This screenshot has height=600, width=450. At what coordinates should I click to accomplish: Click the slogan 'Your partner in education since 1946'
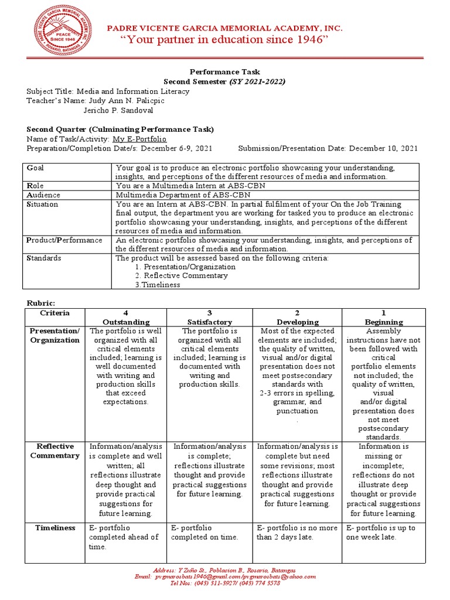[224, 39]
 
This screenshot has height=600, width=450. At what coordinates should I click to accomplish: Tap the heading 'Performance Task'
[225, 72]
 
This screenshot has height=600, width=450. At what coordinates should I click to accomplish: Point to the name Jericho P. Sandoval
[122, 110]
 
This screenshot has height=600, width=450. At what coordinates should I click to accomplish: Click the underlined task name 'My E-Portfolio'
[139, 139]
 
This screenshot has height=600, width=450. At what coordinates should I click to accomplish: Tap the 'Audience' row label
[43, 195]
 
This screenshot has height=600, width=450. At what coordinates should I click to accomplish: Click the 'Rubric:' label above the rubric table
[40, 302]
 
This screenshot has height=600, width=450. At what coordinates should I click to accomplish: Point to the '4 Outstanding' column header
[126, 318]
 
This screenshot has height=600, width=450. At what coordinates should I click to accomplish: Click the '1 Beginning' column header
[384, 318]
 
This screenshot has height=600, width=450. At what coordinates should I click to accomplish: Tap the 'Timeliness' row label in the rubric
[55, 528]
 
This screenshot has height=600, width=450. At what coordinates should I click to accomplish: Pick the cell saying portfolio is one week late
[381, 533]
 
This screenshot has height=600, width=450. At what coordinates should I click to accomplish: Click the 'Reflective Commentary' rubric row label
[55, 451]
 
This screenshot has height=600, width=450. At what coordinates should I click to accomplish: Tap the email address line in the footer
[225, 577]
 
